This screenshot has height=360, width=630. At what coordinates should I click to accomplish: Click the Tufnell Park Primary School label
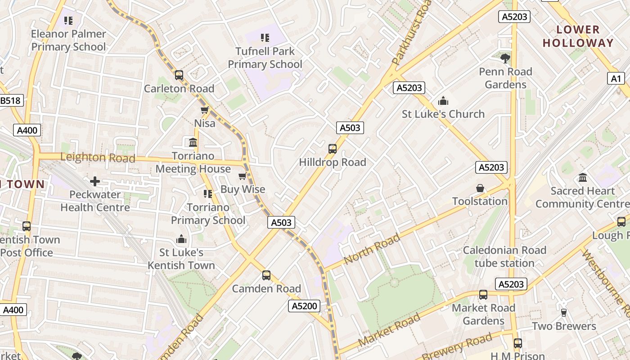(x=265, y=58)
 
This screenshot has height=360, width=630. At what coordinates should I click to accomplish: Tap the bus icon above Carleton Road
(x=179, y=75)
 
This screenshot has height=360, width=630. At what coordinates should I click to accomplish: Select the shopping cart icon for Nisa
(x=204, y=110)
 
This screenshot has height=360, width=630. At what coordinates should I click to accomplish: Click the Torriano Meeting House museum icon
(x=193, y=143)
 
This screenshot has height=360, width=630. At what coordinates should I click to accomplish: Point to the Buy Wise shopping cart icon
(x=243, y=176)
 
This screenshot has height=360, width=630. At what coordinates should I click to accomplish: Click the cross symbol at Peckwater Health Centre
(x=95, y=181)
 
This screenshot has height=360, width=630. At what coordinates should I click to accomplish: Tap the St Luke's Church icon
(x=443, y=100)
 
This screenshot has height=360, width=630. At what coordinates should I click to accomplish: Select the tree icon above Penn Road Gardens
(x=505, y=58)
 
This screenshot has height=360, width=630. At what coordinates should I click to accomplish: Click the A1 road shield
(x=616, y=79)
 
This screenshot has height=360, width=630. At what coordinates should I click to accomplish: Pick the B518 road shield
(x=10, y=100)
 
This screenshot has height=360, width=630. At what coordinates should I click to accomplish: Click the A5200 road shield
(x=304, y=306)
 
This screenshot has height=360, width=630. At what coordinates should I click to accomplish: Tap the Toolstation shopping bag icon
(x=480, y=188)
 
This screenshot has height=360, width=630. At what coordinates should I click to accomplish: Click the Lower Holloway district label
(x=578, y=36)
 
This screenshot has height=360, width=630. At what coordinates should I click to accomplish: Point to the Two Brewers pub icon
(x=563, y=312)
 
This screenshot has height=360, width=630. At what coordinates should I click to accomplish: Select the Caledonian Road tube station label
(x=504, y=256)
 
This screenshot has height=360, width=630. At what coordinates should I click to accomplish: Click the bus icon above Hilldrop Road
(x=333, y=148)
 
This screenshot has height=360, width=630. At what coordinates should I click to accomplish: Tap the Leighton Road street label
(x=97, y=157)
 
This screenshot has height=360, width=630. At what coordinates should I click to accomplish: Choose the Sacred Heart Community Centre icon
(x=583, y=178)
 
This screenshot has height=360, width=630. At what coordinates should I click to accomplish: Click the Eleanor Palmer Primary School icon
(x=68, y=20)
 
